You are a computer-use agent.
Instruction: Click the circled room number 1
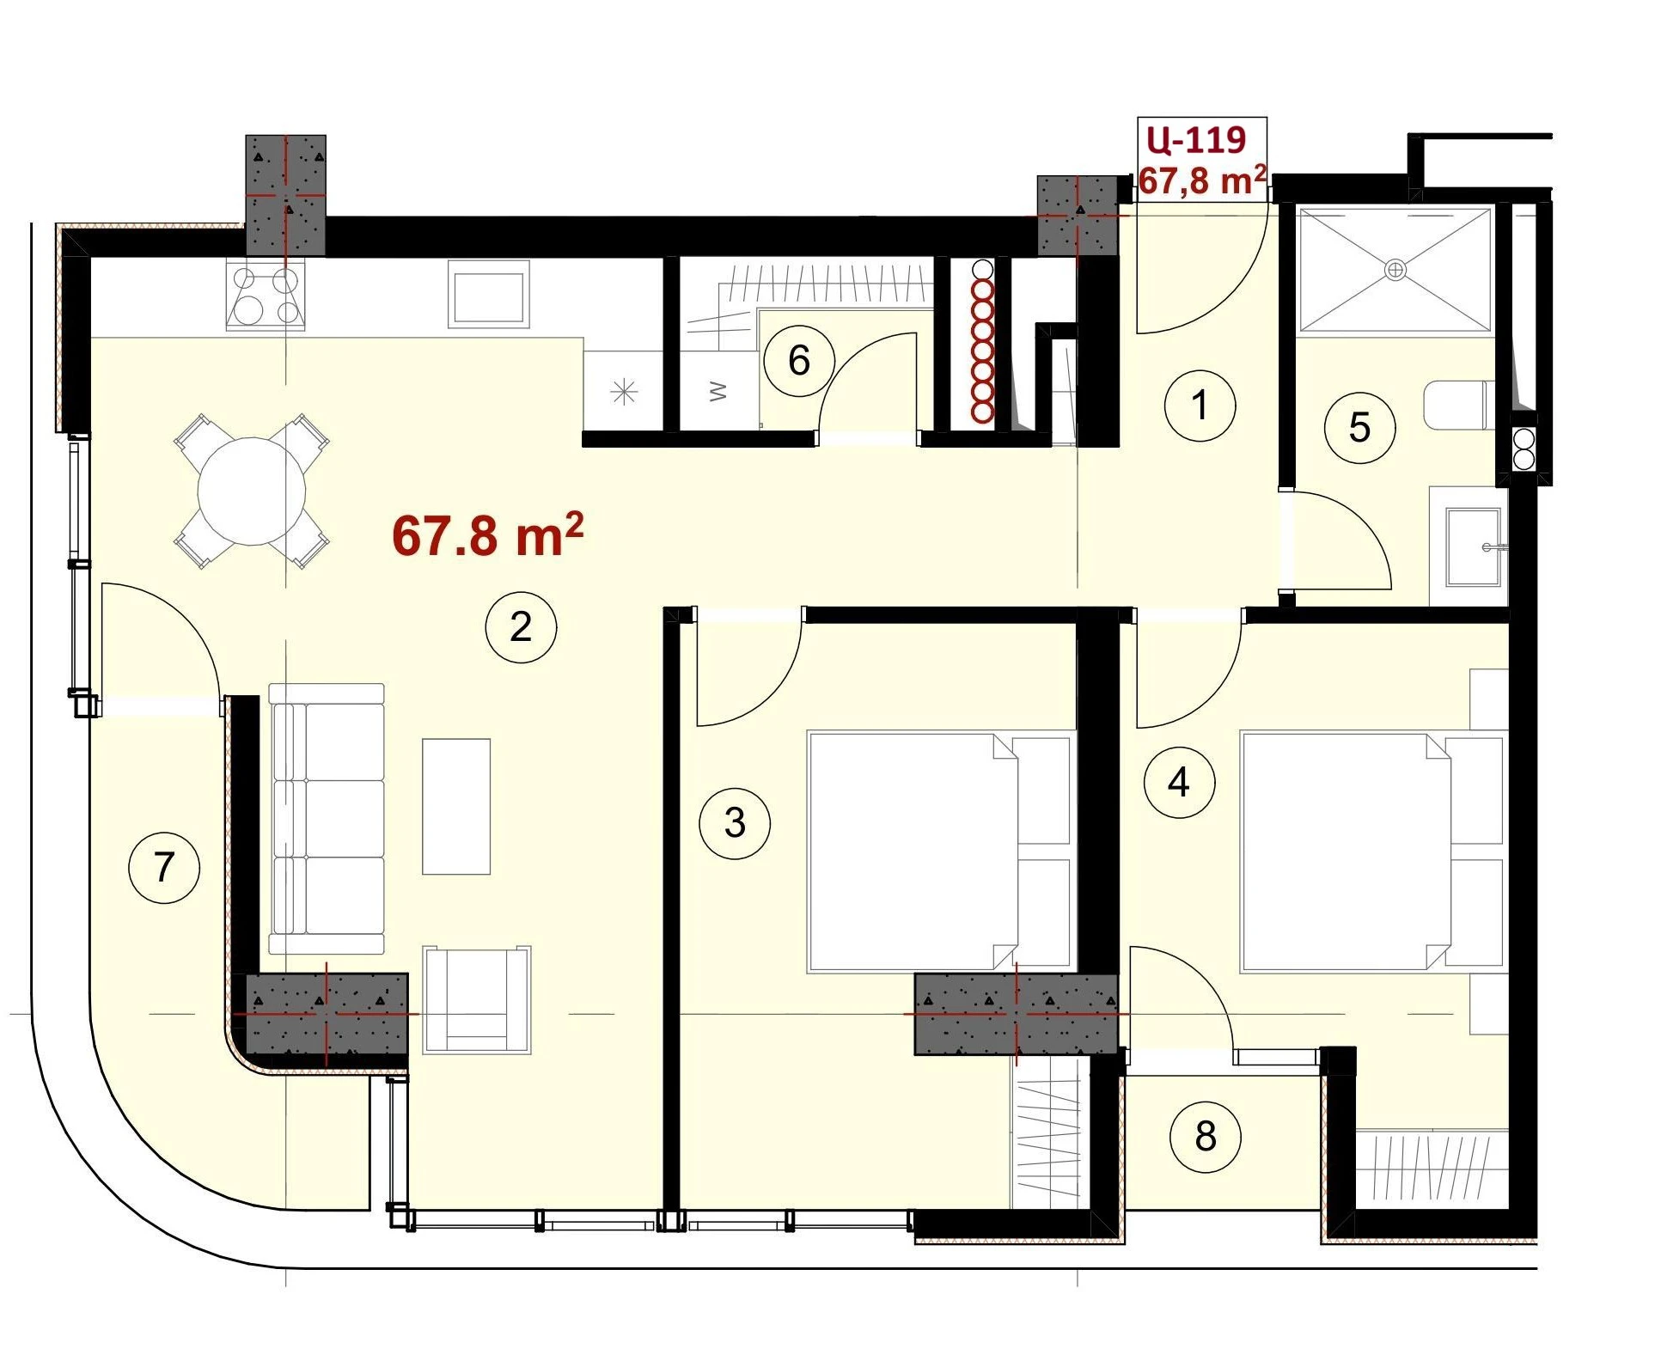[1200, 405]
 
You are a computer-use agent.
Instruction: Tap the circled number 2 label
[521, 627]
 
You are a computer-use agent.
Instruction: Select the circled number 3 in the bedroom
[735, 822]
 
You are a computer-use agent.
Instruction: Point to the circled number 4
[1179, 782]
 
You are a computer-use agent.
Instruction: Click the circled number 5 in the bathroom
[1359, 427]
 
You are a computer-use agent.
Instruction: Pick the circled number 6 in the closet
[799, 360]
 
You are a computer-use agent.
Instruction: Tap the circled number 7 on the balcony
[164, 867]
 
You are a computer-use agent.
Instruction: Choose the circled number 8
[1206, 1137]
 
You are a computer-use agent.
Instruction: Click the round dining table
[252, 491]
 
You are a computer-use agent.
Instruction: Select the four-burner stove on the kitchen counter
[265, 296]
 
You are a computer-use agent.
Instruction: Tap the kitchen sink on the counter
[488, 295]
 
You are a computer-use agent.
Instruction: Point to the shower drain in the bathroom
[1395, 270]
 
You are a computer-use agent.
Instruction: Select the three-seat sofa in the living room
[327, 818]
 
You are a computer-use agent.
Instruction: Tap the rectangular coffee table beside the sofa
[456, 806]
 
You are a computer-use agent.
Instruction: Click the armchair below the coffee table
[477, 1000]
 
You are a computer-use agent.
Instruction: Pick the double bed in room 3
[941, 851]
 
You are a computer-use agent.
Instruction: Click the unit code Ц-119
[1195, 139]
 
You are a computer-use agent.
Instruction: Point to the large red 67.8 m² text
[488, 535]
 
